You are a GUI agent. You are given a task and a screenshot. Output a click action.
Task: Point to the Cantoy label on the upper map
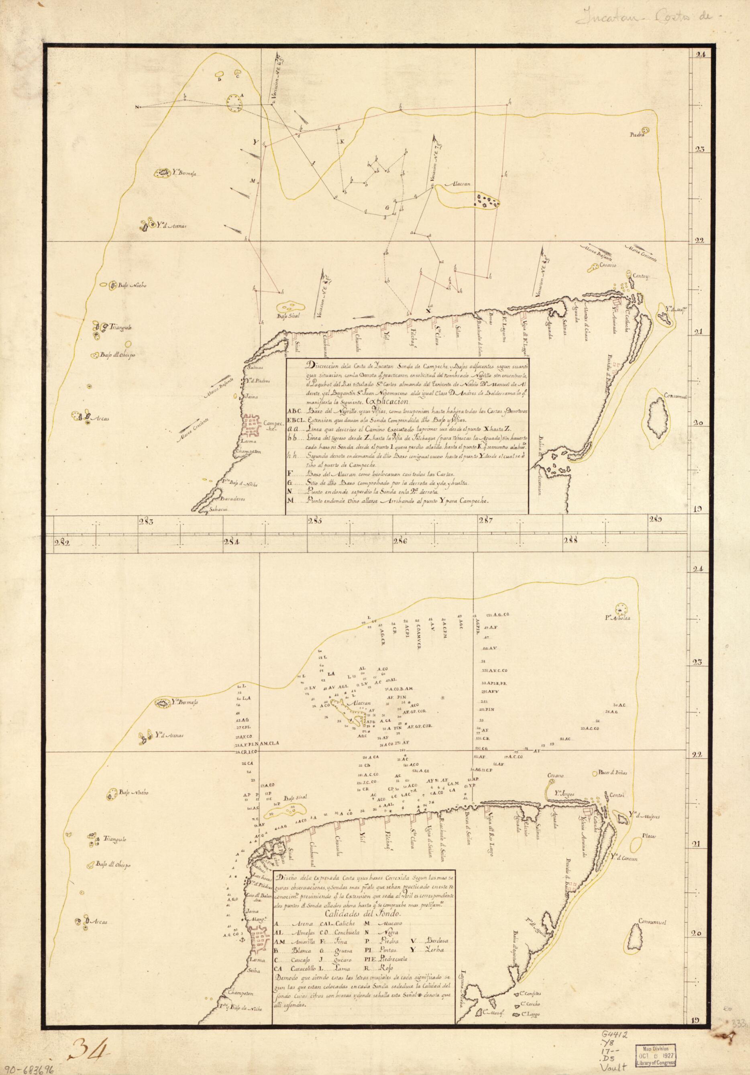pos(640,276)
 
